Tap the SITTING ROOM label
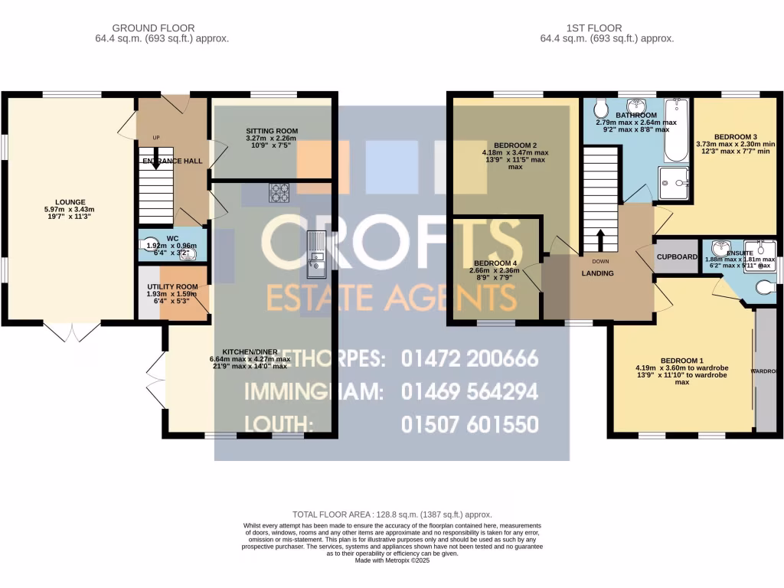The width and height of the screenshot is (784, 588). coord(272,131)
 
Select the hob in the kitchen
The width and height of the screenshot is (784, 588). coord(279,193)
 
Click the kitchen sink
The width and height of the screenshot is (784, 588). coord(315,255)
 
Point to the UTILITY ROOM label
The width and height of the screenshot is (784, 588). coord(172,287)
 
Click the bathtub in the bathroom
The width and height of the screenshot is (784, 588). coord(676,130)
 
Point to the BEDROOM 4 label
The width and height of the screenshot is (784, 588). coord(494,264)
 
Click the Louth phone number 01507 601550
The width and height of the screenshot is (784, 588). coord(469,424)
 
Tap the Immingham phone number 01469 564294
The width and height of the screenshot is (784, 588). coord(469,391)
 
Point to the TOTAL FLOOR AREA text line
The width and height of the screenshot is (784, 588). coord(392,514)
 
